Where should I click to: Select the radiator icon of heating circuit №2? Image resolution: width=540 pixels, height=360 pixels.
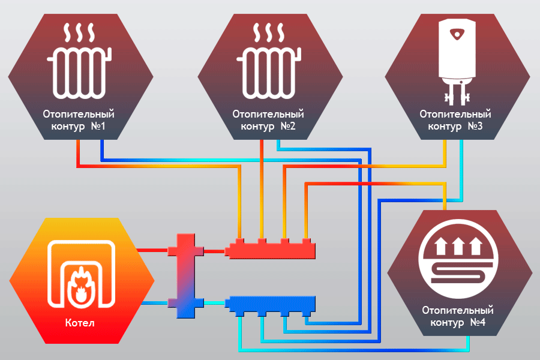click(x=268, y=73)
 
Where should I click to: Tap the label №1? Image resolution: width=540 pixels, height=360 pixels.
click(x=98, y=127)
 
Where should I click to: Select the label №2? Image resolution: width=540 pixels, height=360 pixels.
click(x=287, y=127)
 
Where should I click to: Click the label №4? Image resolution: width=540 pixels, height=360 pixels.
click(x=478, y=323)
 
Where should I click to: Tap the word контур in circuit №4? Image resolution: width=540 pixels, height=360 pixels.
click(x=446, y=323)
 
